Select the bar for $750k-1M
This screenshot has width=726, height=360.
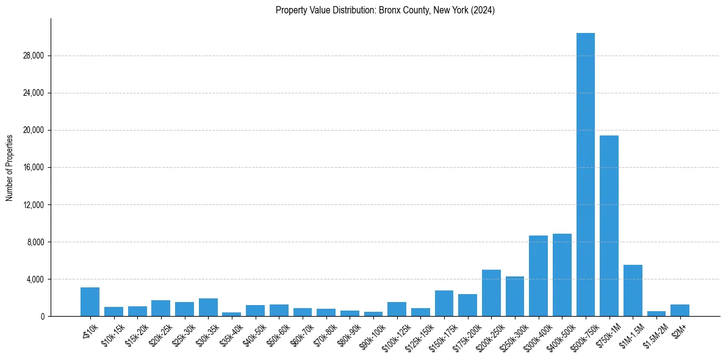click(x=609, y=226)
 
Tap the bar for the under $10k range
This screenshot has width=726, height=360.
click(x=90, y=302)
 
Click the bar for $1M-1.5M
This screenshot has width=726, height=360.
click(x=633, y=290)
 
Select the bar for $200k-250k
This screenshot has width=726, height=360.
click(x=491, y=293)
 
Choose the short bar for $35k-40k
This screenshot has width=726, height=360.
click(x=231, y=314)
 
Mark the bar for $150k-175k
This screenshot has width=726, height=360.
click(x=444, y=303)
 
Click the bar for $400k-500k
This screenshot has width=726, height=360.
click(x=562, y=275)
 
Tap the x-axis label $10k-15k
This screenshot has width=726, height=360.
click(x=112, y=332)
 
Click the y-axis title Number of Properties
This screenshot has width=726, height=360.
click(x=10, y=168)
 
